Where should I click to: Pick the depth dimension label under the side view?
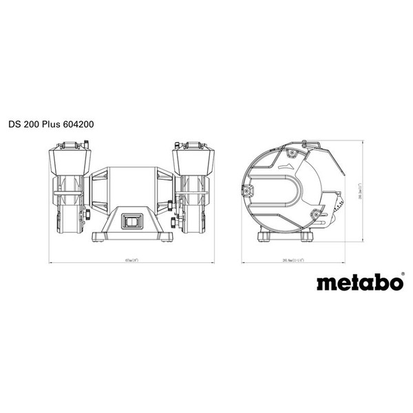(x=302, y=260)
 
